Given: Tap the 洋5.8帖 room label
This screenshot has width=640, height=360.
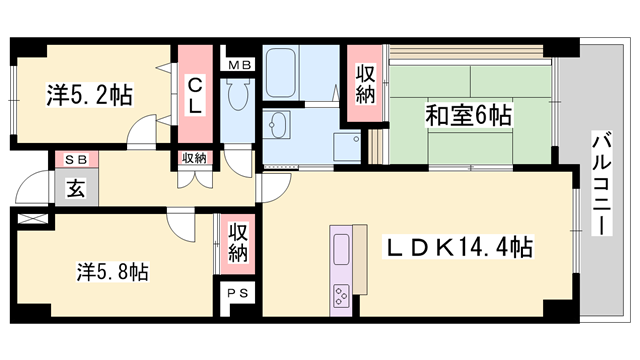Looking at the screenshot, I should point(113,270).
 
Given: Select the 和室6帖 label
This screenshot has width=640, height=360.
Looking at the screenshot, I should point(470,115).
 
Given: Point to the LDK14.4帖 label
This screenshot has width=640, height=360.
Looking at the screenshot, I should point(459,247).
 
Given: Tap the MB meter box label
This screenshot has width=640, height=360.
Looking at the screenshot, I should point(240,66).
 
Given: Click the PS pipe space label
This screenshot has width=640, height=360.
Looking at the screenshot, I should point(237,293).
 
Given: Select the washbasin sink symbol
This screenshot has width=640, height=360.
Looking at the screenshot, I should point(277,126).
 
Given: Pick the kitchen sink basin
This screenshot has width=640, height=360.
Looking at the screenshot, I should point(340,246).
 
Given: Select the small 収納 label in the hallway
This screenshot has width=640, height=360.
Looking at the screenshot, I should point(194,158).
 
